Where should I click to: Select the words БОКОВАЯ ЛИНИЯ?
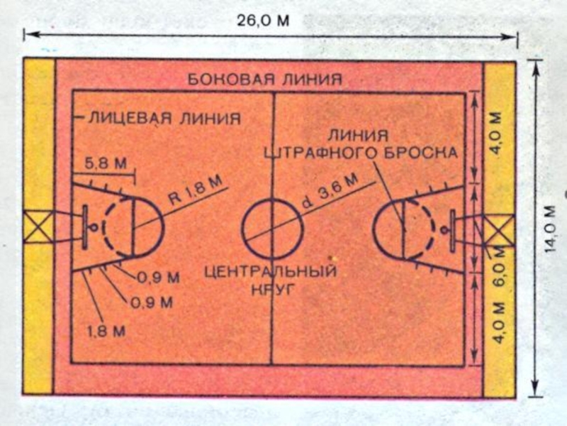coord(264,78)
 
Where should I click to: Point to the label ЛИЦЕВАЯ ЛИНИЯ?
coord(162,117)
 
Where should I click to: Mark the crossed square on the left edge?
coord(39,228)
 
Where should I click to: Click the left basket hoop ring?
coord(94,227)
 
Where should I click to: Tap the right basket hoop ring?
coord(444,229)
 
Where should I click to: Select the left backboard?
coord(84,227)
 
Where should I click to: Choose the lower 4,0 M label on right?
coord(499,322)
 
